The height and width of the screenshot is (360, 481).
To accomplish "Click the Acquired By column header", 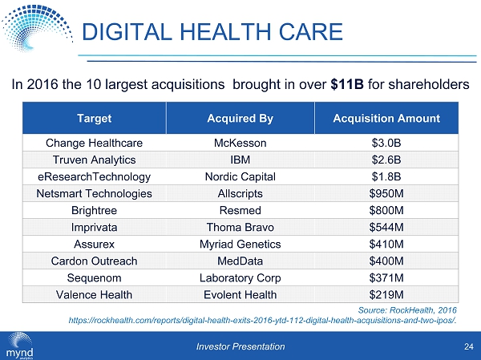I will [240, 119].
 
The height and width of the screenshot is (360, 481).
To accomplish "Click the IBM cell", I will [240, 160].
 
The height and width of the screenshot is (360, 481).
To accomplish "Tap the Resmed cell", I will [240, 210].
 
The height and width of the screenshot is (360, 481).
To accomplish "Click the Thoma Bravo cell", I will [240, 227].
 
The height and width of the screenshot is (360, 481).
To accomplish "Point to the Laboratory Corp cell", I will [240, 277].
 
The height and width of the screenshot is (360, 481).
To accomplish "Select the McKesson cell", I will [240, 143].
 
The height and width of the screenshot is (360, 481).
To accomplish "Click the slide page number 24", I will [467, 346].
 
